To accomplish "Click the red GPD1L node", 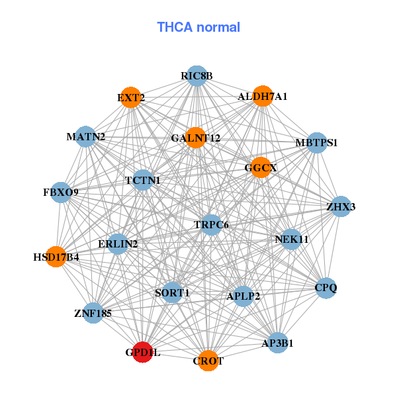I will pyautogui.click(x=143, y=352).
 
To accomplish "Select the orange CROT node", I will pyautogui.click(x=208, y=361).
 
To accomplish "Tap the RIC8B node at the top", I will pyautogui.click(x=197, y=76).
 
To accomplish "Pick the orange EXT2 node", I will pyautogui.click(x=131, y=98).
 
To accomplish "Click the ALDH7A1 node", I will pyautogui.click(x=263, y=96).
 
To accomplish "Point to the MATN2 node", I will pyautogui.click(x=86, y=137).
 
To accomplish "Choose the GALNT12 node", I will pyautogui.click(x=196, y=138).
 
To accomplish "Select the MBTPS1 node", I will pyautogui.click(x=317, y=142).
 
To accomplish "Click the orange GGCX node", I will pyautogui.click(x=261, y=167).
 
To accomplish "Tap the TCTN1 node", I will pyautogui.click(x=143, y=180).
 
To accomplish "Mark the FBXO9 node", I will pyautogui.click(x=61, y=193).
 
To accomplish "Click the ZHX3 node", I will pyautogui.click(x=341, y=206).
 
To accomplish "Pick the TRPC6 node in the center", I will pyautogui.click(x=211, y=225).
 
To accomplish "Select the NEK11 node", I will pyautogui.click(x=291, y=239).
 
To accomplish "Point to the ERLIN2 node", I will pyautogui.click(x=118, y=244).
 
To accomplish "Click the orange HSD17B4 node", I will pyautogui.click(x=56, y=256).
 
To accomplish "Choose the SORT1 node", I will pyautogui.click(x=172, y=292).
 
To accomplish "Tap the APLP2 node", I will pyautogui.click(x=243, y=296).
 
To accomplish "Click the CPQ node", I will pyautogui.click(x=326, y=288).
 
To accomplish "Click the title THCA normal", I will pyautogui.click(x=198, y=27).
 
